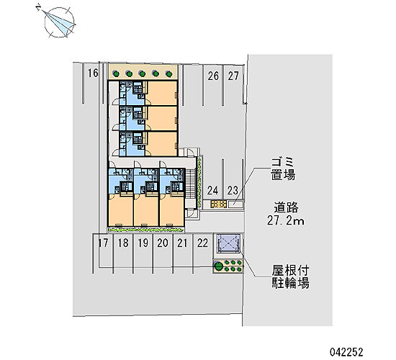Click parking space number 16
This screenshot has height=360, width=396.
[93, 73]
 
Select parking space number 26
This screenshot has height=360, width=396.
[213, 76]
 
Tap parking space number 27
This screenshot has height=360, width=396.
[233, 76]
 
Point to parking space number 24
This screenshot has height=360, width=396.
[212, 190]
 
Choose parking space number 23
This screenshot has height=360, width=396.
[233, 190]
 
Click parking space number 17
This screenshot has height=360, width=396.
[103, 243]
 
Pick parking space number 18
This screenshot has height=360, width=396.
[123, 243]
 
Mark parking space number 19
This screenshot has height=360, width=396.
[143, 243]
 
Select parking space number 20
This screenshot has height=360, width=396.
[163, 243]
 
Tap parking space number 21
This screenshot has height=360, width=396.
[182, 243]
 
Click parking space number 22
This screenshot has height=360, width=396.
[202, 243]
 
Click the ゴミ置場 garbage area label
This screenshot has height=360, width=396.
[283, 168]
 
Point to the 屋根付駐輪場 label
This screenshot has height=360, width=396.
[290, 277]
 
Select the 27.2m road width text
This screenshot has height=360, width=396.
[286, 221]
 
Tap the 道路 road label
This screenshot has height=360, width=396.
[286, 207]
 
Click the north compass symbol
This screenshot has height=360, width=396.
[60, 22]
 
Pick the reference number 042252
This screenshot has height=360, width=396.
[346, 351]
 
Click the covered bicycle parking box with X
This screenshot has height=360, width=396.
[228, 244]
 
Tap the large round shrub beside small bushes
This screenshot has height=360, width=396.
[218, 266]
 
